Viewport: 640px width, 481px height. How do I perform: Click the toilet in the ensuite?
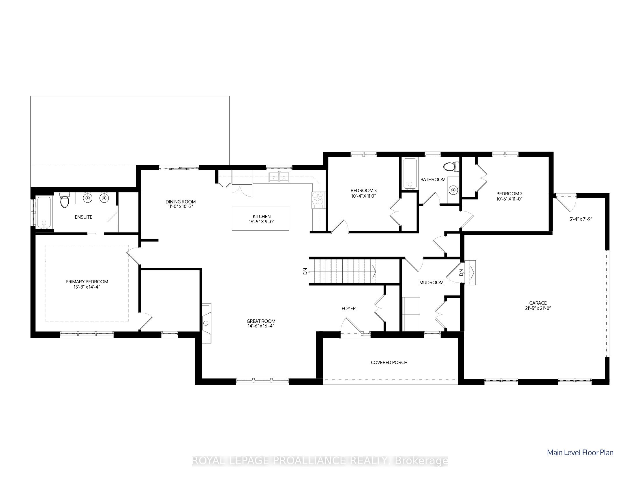click(65, 200)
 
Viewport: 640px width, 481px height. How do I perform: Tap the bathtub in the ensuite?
click(44, 212)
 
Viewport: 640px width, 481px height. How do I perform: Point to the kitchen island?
click(260, 219)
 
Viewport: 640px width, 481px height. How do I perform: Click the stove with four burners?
click(318, 200)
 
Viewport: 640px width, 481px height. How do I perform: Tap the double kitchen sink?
click(279, 177)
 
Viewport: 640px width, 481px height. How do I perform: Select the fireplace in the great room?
click(207, 323)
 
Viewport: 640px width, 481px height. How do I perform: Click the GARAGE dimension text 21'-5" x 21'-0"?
click(538, 308)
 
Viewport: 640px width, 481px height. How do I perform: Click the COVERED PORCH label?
click(389, 363)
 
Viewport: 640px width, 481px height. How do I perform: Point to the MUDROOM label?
click(431, 283)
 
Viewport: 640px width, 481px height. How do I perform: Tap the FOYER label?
click(348, 309)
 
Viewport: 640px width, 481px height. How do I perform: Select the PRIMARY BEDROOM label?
click(87, 282)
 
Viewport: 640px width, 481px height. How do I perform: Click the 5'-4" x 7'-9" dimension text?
click(581, 219)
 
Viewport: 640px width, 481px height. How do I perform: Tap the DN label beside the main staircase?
click(305, 272)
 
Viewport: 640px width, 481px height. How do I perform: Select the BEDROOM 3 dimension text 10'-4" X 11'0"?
click(363, 196)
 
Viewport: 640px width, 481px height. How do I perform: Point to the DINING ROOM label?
click(181, 202)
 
